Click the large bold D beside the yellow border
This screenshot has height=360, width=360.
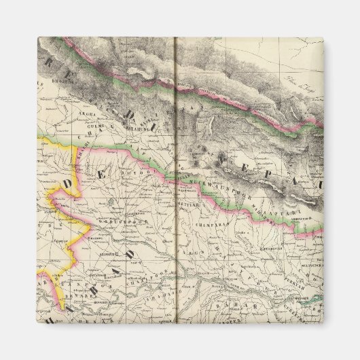click(x=67, y=185)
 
